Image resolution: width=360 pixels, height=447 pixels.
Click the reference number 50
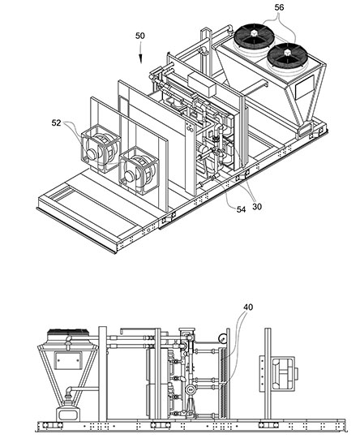click(139, 36)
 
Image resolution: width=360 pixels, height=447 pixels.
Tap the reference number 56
click(279, 7)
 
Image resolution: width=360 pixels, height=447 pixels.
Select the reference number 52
click(57, 122)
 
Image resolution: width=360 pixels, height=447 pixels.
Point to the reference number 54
click(241, 209)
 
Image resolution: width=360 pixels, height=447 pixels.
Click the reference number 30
click(257, 207)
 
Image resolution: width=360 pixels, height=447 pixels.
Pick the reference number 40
click(248, 307)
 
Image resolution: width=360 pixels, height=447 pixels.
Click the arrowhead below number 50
click(141, 58)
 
